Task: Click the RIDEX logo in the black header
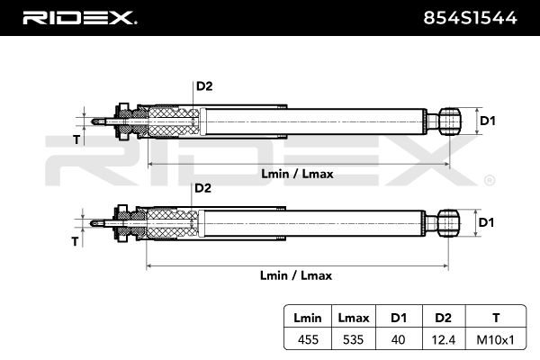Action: [x=79, y=18]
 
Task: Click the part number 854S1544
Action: [x=470, y=18]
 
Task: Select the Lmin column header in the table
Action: [x=308, y=318]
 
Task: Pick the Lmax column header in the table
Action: [x=354, y=318]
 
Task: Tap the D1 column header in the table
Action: [x=399, y=318]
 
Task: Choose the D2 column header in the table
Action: [x=443, y=318]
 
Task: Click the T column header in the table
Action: [x=496, y=318]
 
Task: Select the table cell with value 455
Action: [x=308, y=339]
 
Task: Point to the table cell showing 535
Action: [x=354, y=339]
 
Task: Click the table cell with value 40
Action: [x=398, y=339]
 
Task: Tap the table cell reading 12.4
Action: [x=444, y=339]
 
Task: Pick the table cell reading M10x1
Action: [x=496, y=339]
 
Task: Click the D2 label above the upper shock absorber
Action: [x=204, y=86]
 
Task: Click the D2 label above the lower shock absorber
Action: [x=202, y=188]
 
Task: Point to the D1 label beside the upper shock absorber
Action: [x=488, y=121]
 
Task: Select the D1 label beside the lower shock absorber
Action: [x=486, y=222]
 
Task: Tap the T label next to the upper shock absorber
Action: [x=76, y=139]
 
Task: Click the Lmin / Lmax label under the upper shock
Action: [x=297, y=174]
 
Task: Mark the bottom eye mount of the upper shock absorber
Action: [x=449, y=121]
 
